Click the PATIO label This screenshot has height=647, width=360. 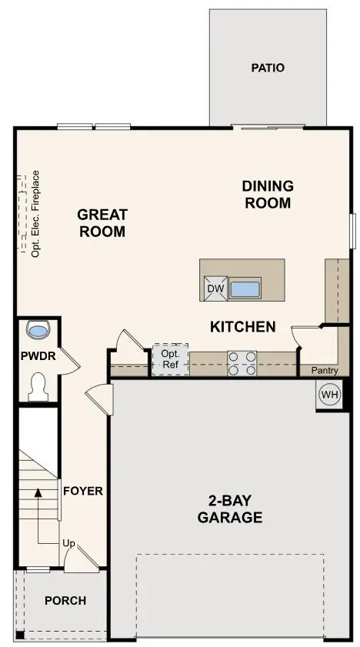267,68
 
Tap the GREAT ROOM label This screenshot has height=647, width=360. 102,222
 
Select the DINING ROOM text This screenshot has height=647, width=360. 267,194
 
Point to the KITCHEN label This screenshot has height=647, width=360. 242,327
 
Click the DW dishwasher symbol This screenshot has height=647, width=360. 215,288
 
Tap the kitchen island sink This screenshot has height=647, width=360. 246,289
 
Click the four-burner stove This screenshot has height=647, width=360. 242,362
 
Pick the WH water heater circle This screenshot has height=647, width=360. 329,395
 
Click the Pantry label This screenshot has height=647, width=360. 324,371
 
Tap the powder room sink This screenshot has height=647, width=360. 38,330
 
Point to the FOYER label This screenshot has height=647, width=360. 82,491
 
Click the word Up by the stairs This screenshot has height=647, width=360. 68,544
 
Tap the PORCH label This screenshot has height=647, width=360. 65,600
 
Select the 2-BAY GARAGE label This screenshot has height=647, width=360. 230,508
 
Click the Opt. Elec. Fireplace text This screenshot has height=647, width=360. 35,213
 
